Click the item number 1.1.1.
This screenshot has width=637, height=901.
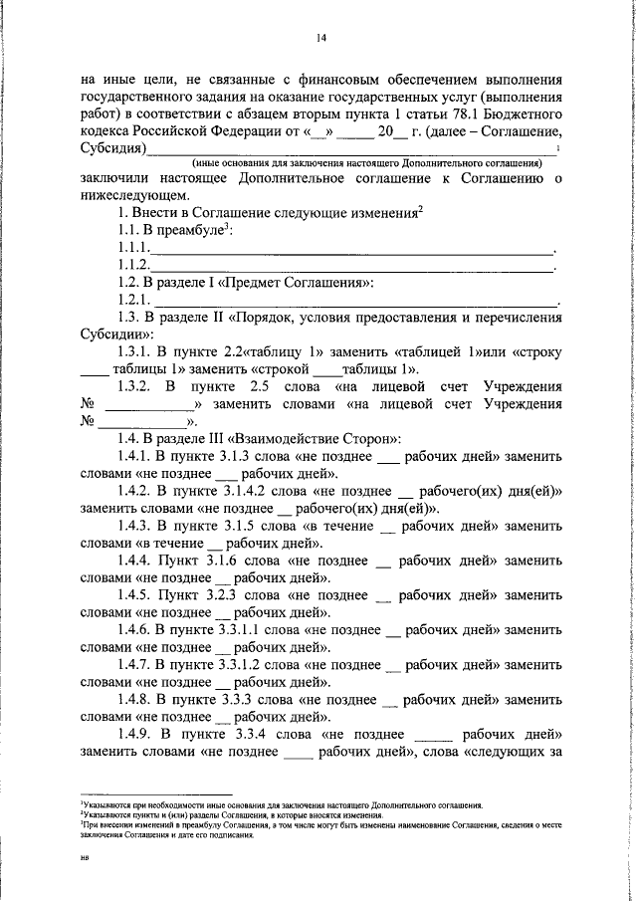[x=132, y=248]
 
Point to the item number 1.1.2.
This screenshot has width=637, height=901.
[x=132, y=265]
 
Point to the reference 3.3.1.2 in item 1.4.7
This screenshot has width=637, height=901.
[x=248, y=665]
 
